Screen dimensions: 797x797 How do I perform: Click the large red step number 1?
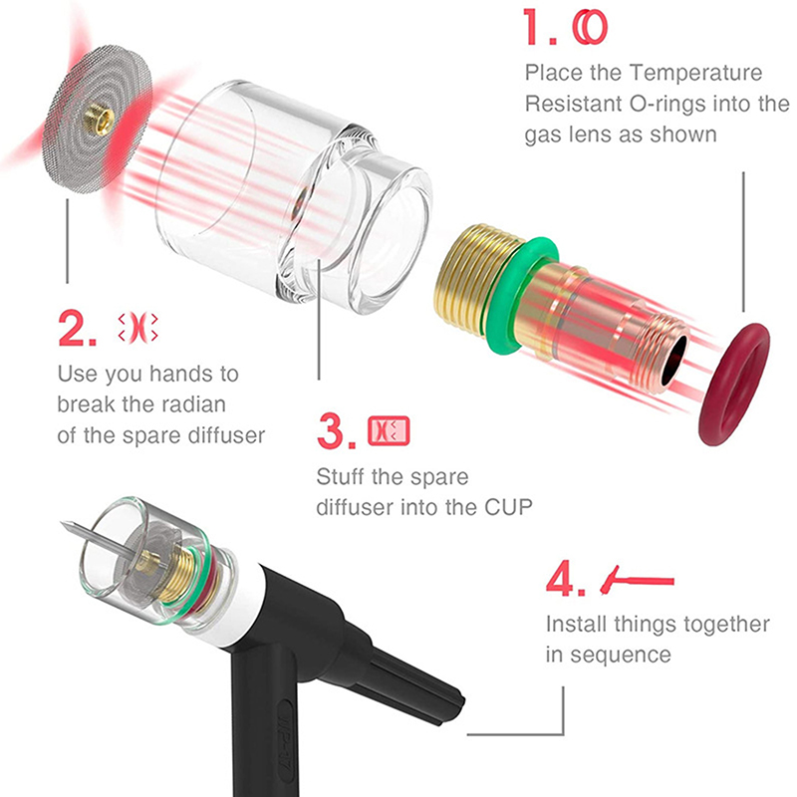535,27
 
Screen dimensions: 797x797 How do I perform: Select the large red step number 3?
331,430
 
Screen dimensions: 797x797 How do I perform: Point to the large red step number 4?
561,579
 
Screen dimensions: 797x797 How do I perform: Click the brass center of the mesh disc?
99,119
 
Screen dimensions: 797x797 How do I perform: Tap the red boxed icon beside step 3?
389,431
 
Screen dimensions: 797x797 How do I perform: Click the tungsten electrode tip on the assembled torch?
62,522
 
